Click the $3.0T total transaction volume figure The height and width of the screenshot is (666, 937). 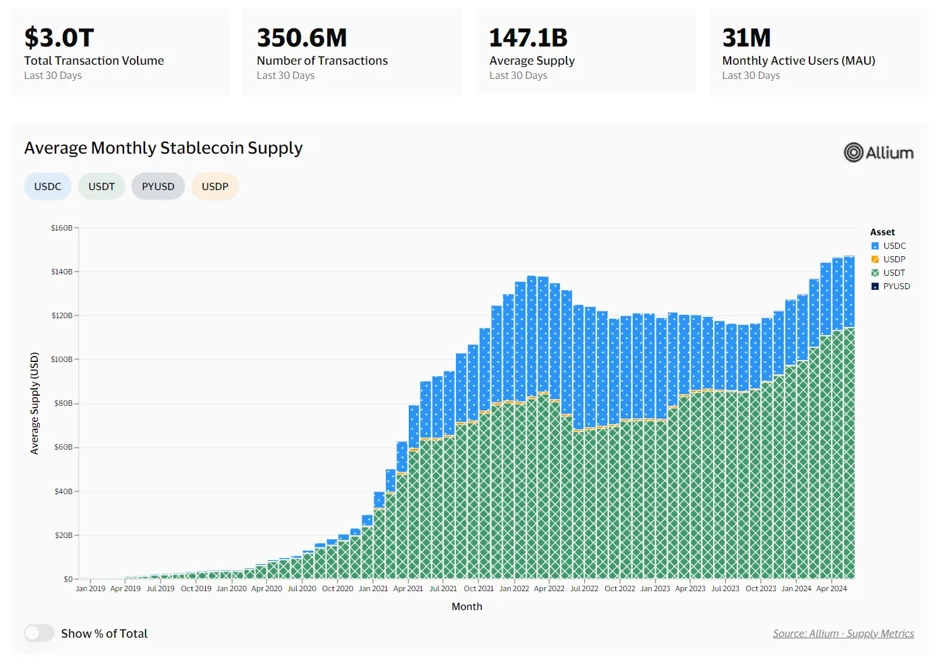[59, 38]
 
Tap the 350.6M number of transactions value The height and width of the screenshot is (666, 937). [302, 38]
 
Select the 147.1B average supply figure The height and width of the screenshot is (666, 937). [528, 38]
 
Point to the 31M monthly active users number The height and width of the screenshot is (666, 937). [746, 38]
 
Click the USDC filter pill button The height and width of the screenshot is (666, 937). [48, 187]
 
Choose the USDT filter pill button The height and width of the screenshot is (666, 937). [102, 187]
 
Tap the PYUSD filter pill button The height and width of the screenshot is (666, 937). [158, 187]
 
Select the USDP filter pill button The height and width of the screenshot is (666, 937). [215, 187]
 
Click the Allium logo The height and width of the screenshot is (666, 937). [878, 153]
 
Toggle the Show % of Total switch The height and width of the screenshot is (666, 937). [39, 634]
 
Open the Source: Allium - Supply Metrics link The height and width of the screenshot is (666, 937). [843, 634]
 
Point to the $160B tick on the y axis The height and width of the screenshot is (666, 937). [62, 228]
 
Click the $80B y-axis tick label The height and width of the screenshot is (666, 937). [63, 404]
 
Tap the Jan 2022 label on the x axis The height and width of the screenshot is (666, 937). [514, 588]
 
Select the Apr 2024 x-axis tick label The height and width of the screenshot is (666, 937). [831, 588]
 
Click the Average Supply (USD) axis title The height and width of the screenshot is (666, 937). [34, 403]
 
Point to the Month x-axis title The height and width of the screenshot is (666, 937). [467, 607]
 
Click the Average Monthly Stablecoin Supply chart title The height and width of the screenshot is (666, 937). [163, 148]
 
